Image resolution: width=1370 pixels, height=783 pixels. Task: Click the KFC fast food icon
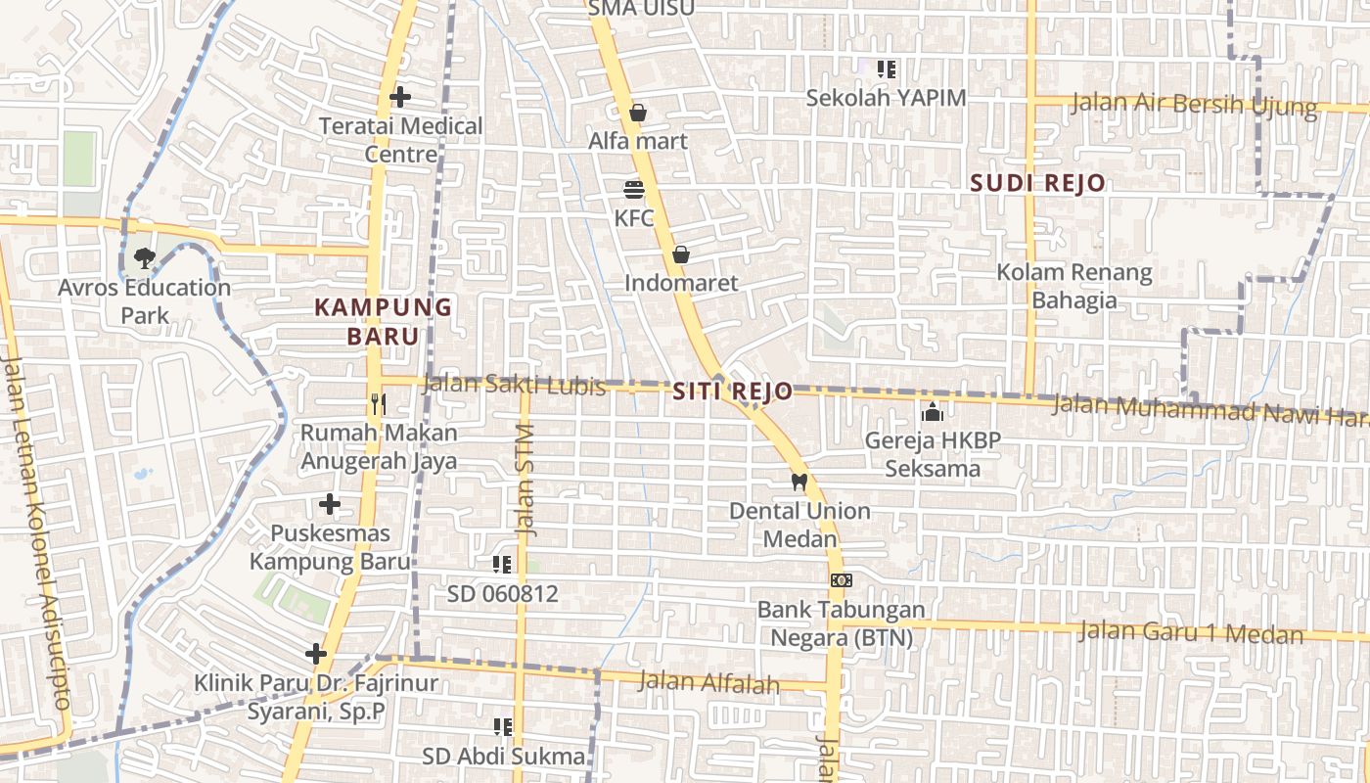[x=634, y=189]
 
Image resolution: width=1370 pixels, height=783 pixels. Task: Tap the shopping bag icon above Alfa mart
[x=638, y=113]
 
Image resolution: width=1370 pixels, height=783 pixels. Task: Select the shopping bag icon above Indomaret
[x=681, y=254]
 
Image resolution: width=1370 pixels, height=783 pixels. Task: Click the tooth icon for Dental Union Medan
[x=799, y=482]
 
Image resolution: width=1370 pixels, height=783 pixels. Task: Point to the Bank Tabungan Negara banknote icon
[x=841, y=580]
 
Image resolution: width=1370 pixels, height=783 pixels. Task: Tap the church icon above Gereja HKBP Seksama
[x=933, y=412]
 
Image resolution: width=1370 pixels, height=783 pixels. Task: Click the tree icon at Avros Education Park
[x=145, y=258]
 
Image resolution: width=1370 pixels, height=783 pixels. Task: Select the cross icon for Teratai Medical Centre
[x=399, y=97]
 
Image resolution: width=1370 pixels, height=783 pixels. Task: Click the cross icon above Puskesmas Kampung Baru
[x=330, y=504]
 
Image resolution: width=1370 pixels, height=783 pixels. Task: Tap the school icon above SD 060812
[x=502, y=564]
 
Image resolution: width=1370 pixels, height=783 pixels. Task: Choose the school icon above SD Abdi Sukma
[x=503, y=726]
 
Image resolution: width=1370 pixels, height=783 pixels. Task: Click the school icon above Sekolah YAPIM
[x=887, y=69]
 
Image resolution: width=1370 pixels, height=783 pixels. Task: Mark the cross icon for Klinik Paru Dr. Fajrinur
[x=315, y=653]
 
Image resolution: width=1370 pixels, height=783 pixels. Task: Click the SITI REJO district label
[x=733, y=391]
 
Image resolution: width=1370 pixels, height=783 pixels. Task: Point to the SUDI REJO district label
[x=1037, y=183]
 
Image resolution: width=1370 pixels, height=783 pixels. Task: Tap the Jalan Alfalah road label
[x=708, y=682]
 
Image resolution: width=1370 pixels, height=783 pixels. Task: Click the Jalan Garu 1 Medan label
[x=1191, y=632]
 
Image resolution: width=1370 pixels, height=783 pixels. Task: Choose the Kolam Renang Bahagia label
[x=1073, y=286]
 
